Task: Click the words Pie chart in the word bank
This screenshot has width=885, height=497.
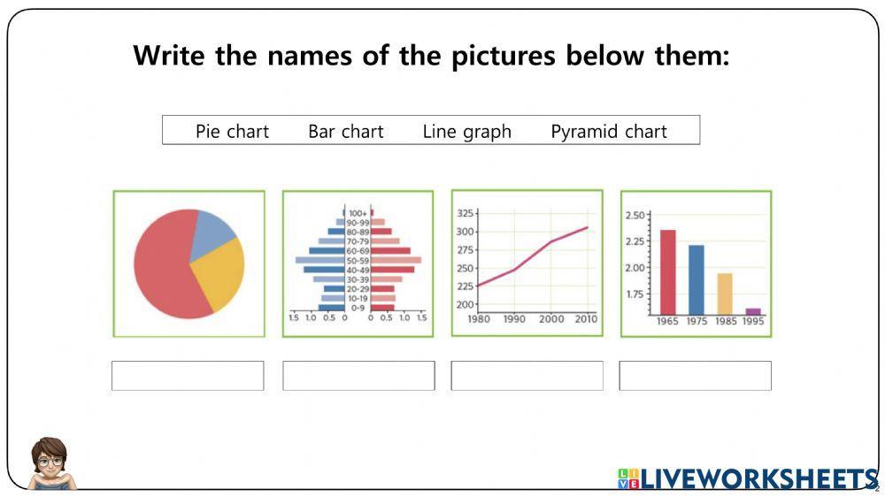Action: click(x=232, y=132)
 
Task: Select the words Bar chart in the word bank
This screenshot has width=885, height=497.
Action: click(x=345, y=132)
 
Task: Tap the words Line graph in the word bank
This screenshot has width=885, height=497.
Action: click(x=466, y=132)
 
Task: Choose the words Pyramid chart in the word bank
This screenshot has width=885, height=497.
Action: click(x=609, y=132)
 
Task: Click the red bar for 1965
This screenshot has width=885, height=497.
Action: click(x=667, y=271)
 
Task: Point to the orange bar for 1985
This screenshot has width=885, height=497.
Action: click(x=725, y=294)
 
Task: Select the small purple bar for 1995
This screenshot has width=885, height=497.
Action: click(x=753, y=311)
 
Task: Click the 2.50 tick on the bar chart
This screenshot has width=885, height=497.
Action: click(x=635, y=215)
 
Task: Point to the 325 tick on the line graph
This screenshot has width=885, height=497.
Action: click(x=466, y=213)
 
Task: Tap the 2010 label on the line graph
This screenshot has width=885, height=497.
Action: click(x=585, y=319)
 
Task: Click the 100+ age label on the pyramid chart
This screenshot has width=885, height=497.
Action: click(x=358, y=213)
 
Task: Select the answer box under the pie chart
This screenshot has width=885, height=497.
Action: click(x=188, y=376)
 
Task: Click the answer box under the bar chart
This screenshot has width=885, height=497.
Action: click(x=695, y=376)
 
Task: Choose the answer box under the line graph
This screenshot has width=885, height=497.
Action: click(x=527, y=376)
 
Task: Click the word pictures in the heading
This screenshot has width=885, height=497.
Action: click(x=504, y=56)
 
